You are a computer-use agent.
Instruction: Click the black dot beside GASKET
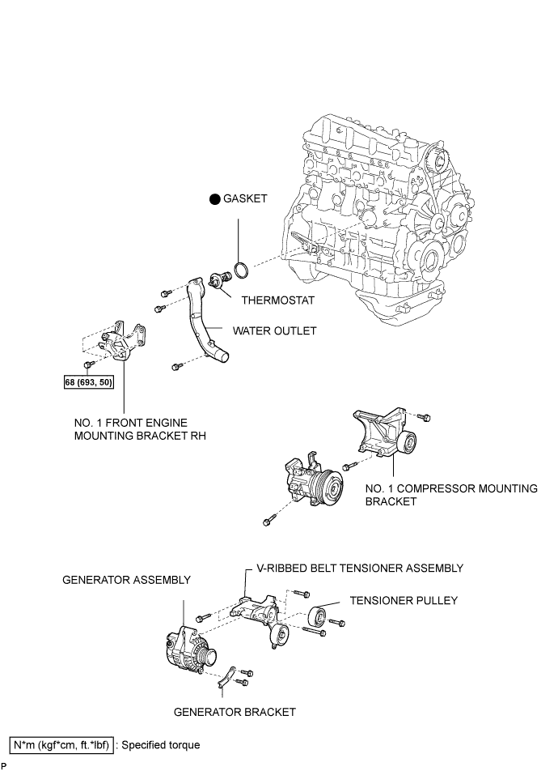pyautogui.click(x=214, y=199)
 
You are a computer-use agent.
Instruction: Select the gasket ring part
pyautogui.click(x=241, y=270)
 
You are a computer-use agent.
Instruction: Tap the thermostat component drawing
pyautogui.click(x=218, y=280)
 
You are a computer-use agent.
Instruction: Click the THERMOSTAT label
pyautogui.click(x=278, y=300)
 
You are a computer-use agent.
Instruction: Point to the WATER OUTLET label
pyautogui.click(x=275, y=331)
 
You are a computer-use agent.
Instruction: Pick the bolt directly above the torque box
pyautogui.click(x=89, y=364)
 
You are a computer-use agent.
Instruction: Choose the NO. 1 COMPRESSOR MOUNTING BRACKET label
pyautogui.click(x=451, y=495)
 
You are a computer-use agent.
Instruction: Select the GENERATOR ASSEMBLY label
pyautogui.click(x=126, y=580)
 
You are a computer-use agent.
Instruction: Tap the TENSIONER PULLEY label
pyautogui.click(x=404, y=601)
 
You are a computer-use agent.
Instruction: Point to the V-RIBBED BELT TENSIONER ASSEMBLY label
pyautogui.click(x=360, y=569)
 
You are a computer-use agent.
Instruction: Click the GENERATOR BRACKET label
pyautogui.click(x=235, y=713)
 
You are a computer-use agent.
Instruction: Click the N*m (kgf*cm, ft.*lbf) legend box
pyautogui.click(x=62, y=745)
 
